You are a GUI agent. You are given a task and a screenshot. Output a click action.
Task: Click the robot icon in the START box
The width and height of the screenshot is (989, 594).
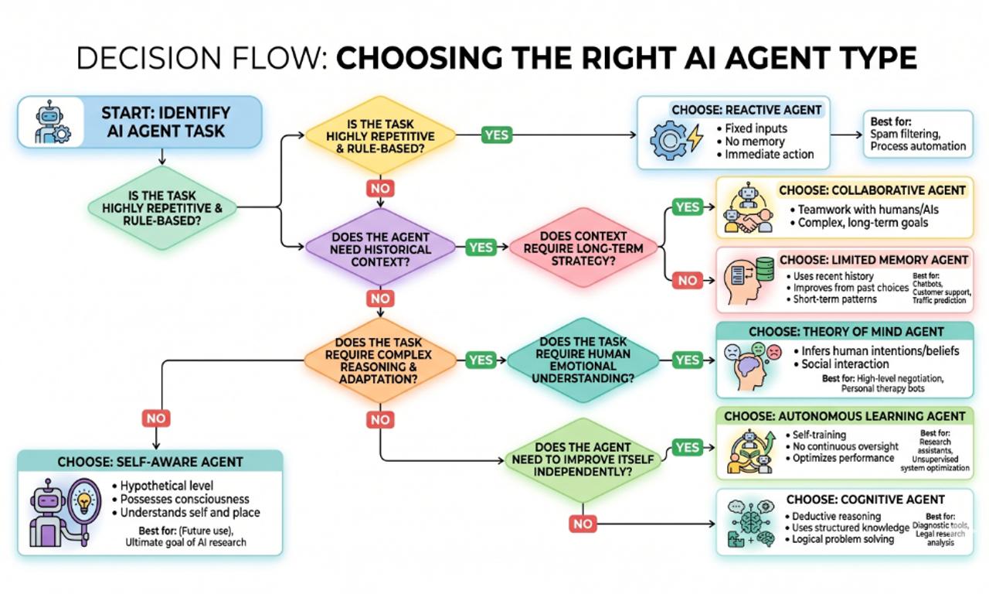coord(52,122)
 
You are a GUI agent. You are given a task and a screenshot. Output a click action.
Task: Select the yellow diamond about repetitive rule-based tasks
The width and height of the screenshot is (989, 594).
coord(380,135)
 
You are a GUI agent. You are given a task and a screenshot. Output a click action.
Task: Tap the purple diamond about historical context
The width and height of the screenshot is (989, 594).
coord(380,248)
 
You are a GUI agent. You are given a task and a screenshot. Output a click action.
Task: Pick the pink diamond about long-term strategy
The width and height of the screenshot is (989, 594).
coord(583,247)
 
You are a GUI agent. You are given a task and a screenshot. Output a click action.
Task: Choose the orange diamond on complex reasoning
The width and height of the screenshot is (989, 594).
coord(379,360)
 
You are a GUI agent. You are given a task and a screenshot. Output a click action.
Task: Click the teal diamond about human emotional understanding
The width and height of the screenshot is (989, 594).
coord(583,360)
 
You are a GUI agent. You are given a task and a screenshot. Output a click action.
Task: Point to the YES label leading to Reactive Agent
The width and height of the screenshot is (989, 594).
coord(497,135)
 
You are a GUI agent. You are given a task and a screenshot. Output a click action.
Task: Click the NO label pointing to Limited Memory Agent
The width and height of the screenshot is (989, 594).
coord(688,280)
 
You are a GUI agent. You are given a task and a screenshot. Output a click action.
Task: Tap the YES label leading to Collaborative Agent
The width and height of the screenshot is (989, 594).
coord(688,207)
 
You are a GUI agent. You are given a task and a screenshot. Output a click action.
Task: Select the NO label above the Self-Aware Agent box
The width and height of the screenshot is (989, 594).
coord(156,418)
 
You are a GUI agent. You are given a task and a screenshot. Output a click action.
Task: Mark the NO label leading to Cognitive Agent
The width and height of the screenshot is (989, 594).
coord(583,524)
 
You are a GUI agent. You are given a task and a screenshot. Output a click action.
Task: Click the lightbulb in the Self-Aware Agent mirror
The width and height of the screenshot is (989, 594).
coord(84,502)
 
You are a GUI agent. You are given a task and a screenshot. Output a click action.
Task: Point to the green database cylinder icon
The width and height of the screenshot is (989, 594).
coord(765,268)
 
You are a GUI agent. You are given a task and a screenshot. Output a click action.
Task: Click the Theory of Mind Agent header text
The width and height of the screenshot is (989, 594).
coord(846,332)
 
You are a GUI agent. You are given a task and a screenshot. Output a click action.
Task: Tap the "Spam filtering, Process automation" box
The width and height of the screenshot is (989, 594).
coord(918,135)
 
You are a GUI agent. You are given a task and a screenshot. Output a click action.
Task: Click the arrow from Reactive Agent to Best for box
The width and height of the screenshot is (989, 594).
coord(846,135)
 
